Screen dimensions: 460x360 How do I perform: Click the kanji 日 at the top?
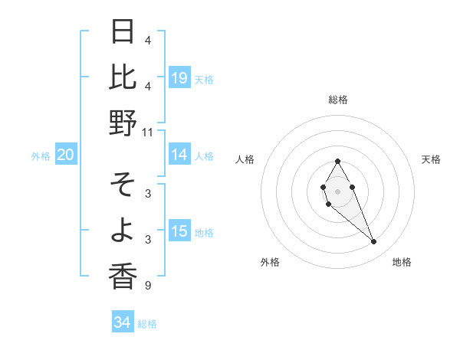pos(123,32)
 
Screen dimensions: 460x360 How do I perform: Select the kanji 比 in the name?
pos(123,77)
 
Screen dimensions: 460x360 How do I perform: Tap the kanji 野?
pos(123,123)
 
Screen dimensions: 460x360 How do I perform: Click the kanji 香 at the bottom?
pos(123,276)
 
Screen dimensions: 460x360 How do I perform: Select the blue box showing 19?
pos(179,78)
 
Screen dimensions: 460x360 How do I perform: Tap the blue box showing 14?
pos(179,155)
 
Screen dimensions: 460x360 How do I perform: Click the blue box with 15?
pos(179,231)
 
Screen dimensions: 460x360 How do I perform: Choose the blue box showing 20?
pos(65,155)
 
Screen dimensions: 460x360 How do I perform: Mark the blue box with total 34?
pos(122,322)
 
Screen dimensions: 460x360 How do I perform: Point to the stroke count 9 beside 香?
pos(147,286)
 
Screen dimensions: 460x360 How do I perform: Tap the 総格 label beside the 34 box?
pos(147,324)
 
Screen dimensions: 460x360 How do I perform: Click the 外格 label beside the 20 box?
pos(41,156)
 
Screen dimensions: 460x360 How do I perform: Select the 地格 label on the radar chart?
pos(402,262)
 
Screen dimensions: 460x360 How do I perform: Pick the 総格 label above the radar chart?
pos(337,100)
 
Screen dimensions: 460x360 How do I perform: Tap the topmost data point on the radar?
pos(337,161)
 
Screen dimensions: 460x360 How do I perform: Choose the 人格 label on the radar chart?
pos(245,159)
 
